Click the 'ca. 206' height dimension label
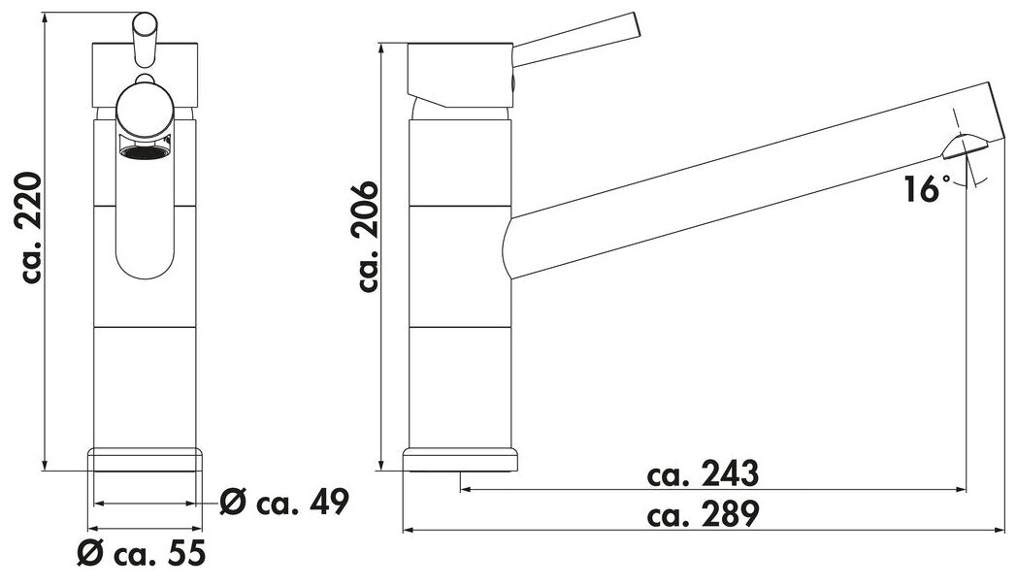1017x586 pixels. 367,237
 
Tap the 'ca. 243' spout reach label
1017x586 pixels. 703,474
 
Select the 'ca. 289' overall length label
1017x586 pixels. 703,515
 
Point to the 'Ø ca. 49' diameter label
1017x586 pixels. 284,502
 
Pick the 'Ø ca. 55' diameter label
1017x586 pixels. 142,553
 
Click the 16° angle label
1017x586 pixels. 925,188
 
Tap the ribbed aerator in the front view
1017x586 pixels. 144,152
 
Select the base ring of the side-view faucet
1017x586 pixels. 461,460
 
